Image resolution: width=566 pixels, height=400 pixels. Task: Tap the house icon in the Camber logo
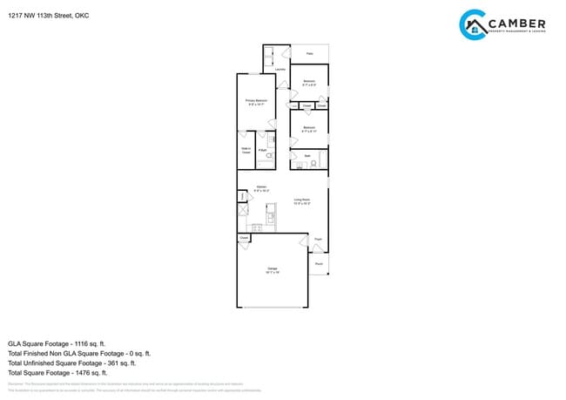click(x=475, y=27)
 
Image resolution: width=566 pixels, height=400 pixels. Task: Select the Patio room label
click(x=309, y=53)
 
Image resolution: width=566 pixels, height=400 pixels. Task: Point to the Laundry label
click(x=280, y=69)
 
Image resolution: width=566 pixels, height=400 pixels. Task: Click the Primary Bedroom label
click(x=255, y=102)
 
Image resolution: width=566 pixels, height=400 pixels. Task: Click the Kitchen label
click(x=261, y=187)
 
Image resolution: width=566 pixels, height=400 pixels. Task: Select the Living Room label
click(x=302, y=201)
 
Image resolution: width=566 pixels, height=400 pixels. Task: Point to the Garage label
click(x=273, y=268)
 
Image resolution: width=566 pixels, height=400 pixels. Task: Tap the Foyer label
click(x=319, y=238)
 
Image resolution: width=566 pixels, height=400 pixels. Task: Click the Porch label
click(x=319, y=263)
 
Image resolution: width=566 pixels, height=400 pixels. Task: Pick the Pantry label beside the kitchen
click(x=242, y=197)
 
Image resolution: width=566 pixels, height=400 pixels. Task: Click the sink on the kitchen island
click(x=271, y=216)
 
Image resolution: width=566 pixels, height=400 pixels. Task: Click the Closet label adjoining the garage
click(x=244, y=238)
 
